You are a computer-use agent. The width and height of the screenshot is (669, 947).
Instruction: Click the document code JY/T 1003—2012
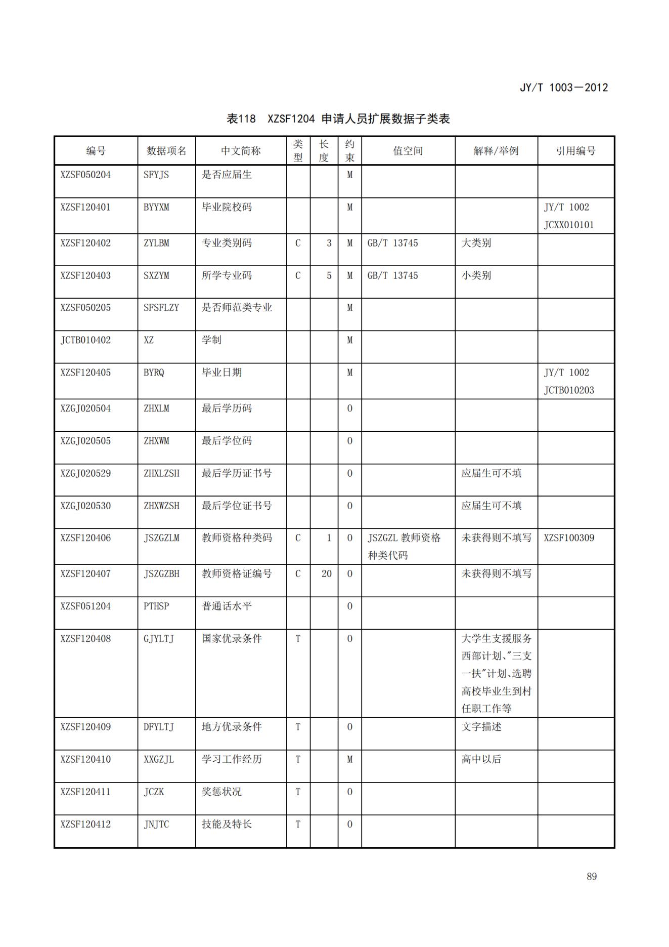[x=563, y=88]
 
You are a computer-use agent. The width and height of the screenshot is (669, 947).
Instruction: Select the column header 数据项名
[x=166, y=151]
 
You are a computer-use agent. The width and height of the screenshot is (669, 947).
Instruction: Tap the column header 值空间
[x=408, y=151]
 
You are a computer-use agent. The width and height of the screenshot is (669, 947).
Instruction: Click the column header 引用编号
[x=575, y=151]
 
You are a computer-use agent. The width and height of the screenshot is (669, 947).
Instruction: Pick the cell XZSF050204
[x=85, y=175]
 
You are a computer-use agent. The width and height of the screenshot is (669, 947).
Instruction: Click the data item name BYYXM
[x=156, y=208]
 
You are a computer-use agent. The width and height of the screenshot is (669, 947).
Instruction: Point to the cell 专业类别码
[x=227, y=243]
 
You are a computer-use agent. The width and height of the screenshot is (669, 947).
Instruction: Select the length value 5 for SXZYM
[x=329, y=276]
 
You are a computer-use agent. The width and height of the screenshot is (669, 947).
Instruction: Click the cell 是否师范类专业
[x=237, y=308]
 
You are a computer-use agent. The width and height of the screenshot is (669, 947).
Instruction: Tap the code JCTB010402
[x=85, y=340]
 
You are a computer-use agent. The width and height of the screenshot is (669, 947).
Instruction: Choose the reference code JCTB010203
[x=569, y=390]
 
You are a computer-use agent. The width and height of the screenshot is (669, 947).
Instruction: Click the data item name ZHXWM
[x=156, y=441]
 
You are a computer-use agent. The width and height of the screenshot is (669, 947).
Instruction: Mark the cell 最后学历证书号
[x=237, y=473]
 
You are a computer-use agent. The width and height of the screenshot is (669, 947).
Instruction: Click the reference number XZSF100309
[x=569, y=538]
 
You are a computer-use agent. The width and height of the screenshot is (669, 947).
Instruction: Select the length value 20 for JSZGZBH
[x=326, y=574]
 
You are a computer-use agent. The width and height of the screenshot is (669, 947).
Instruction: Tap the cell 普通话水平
[x=227, y=606]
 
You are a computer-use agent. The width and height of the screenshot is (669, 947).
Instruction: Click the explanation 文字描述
[x=481, y=727]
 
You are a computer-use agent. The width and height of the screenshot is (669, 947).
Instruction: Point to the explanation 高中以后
[x=481, y=759]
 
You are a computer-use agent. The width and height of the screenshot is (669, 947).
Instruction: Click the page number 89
[x=592, y=877]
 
